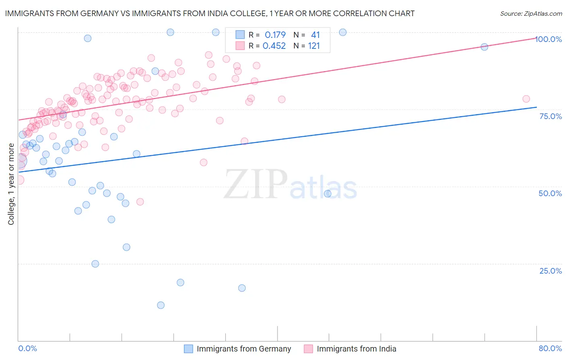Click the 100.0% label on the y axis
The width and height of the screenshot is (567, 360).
pos(549,39)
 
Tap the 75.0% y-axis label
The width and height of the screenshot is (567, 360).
pos(550,116)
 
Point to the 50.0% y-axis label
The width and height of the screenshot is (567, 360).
pos(550,193)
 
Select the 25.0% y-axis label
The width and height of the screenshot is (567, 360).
pos(550,271)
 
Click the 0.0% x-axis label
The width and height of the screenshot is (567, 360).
pos(27,348)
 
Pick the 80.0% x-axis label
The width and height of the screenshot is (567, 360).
pos(550,348)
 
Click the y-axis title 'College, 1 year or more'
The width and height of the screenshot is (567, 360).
pos(11,184)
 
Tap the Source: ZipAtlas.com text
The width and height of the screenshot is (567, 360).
pos(531,14)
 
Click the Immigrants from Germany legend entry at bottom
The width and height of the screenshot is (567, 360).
pos(238,349)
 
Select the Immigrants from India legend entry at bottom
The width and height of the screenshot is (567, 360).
pos(350,349)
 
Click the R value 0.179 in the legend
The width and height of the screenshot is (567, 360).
pos(275,35)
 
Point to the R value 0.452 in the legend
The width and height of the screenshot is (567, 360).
pos(274,46)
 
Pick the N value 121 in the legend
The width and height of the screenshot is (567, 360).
pos(314,46)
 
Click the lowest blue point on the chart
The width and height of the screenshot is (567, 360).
pos(161,305)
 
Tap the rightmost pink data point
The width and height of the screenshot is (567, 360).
pos(526,99)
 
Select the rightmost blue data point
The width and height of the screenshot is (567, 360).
pos(484,47)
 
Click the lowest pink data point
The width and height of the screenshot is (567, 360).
pos(140,202)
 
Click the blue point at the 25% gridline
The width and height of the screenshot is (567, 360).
pos(95,264)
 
